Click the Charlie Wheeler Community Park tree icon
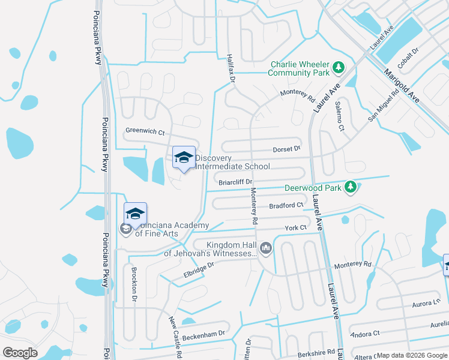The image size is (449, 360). click(339, 68)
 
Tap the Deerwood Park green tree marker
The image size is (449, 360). click(351, 188)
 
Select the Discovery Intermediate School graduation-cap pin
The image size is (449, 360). click(184, 158)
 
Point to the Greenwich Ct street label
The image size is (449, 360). click(145, 131)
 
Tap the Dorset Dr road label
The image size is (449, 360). click(286, 148)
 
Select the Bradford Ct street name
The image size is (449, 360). click(286, 205)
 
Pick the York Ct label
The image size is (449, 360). click(295, 227)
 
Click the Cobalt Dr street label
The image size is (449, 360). click(408, 61)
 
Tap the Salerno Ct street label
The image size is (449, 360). click(340, 115)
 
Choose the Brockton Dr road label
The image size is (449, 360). click(134, 279)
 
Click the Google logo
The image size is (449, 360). click(20, 353)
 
